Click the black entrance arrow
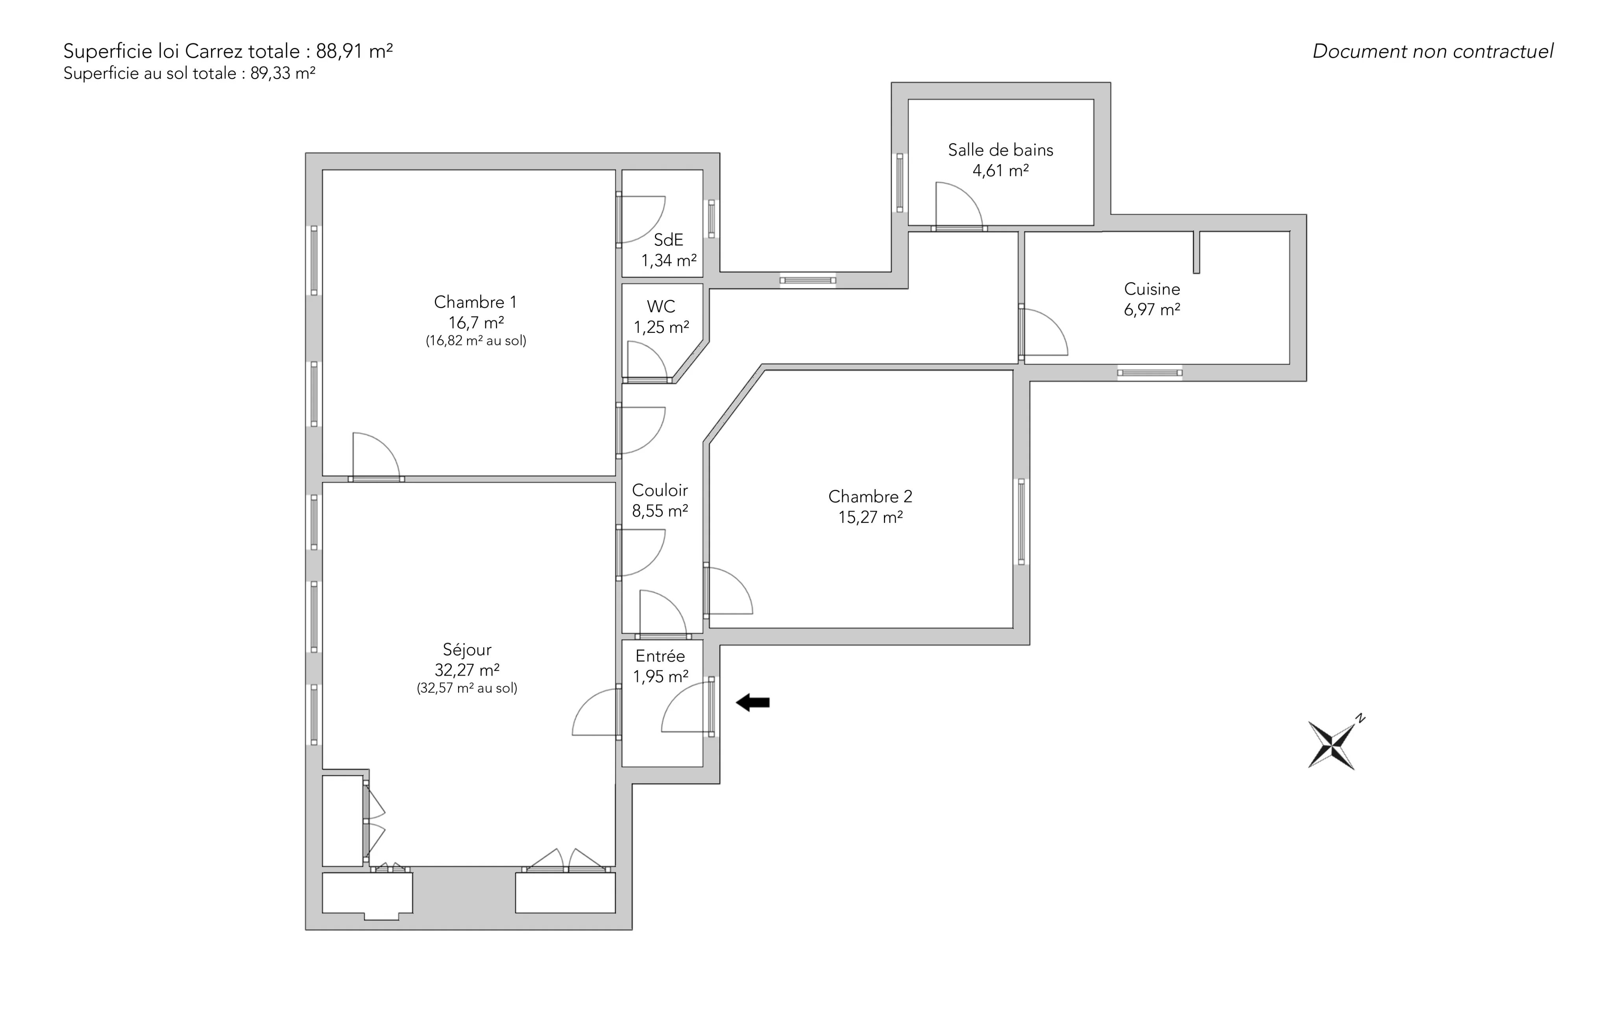tap(753, 702)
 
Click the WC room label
tap(661, 307)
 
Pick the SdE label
tap(668, 240)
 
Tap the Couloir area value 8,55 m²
tap(660, 512)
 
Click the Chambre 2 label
tap(870, 497)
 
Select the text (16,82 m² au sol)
tap(476, 341)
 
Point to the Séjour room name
tap(467, 649)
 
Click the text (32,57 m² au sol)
tap(467, 688)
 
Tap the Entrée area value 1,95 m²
tap(661, 677)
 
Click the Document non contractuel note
tap(1433, 52)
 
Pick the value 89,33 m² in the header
tap(283, 73)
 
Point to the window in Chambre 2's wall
tap(1021, 522)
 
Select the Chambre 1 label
tap(475, 302)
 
